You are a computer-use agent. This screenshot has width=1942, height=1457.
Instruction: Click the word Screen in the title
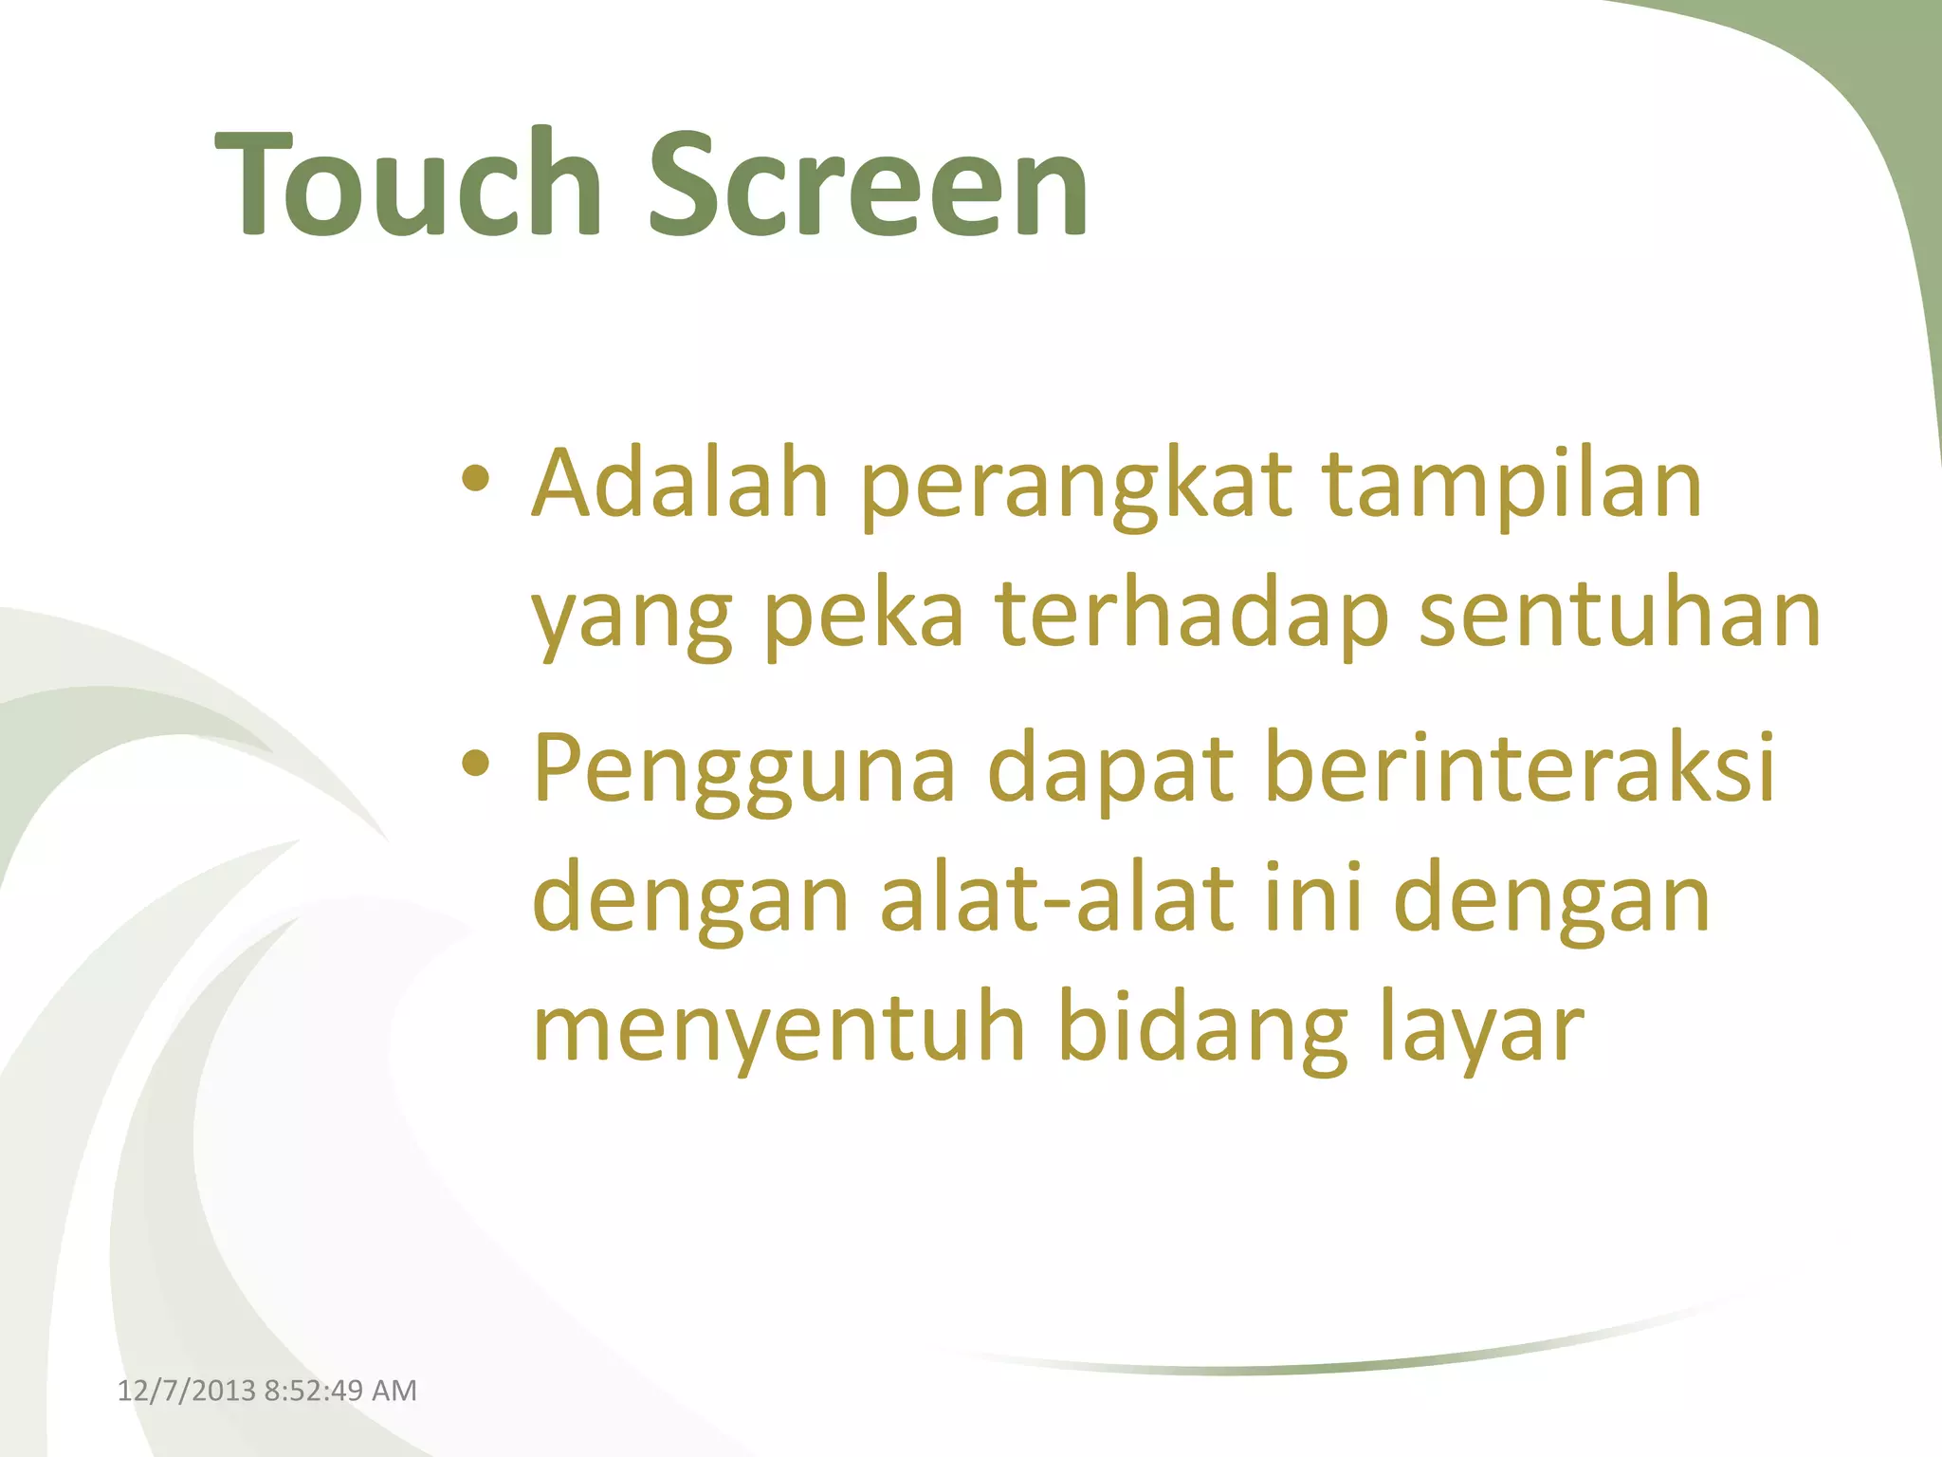click(x=869, y=185)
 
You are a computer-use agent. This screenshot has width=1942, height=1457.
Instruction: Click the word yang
click(x=631, y=618)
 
